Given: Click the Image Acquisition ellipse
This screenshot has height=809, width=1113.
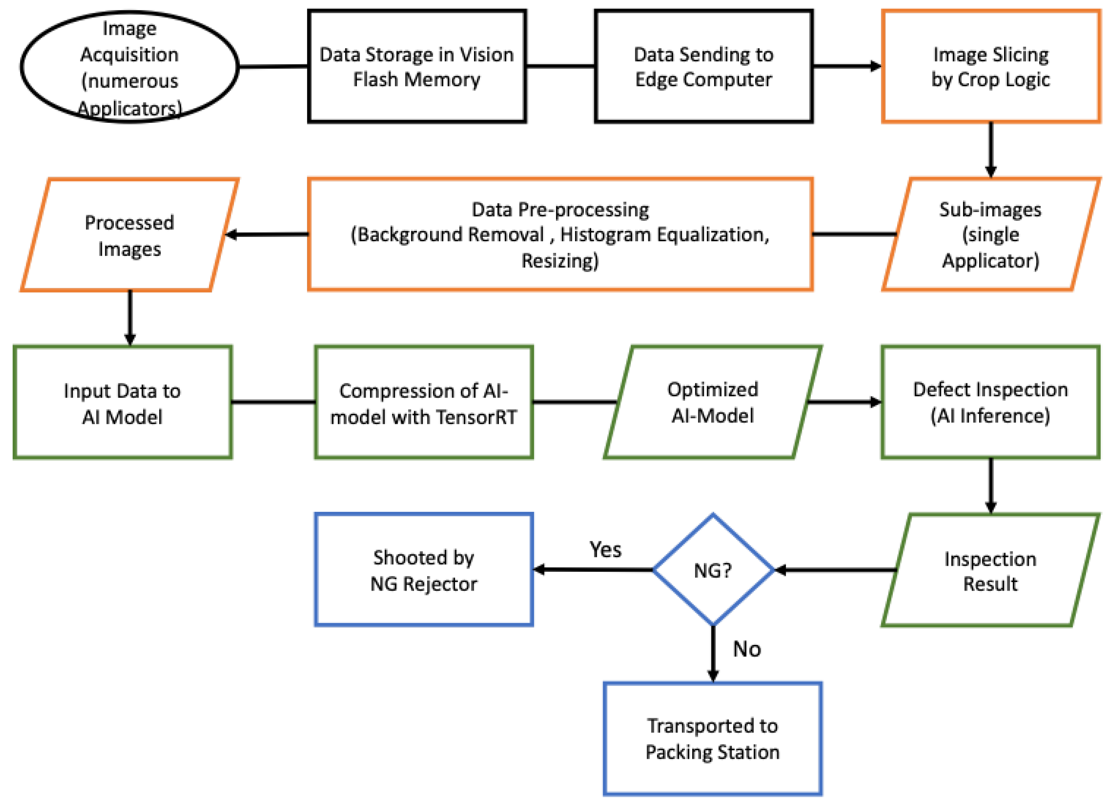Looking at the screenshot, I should (129, 67).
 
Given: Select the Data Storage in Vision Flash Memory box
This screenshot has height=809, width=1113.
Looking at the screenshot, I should (417, 67).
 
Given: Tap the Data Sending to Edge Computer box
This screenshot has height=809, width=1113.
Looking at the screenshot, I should (703, 67).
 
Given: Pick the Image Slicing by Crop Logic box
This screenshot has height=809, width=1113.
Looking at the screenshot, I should (990, 67).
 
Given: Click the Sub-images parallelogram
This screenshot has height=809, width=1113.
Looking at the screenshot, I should (990, 234).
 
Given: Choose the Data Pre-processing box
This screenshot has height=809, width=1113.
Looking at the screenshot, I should (560, 234).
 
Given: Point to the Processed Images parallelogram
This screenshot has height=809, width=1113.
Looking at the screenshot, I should (129, 235).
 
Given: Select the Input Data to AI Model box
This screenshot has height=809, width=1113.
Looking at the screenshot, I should (122, 403).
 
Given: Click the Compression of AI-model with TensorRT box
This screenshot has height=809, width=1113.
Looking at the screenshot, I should (423, 403).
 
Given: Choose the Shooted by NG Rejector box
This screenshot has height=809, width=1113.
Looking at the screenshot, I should (423, 570).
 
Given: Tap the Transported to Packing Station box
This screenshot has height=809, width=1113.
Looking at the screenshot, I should (712, 738).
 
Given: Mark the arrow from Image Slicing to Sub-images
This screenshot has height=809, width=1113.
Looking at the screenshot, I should (990, 149).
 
